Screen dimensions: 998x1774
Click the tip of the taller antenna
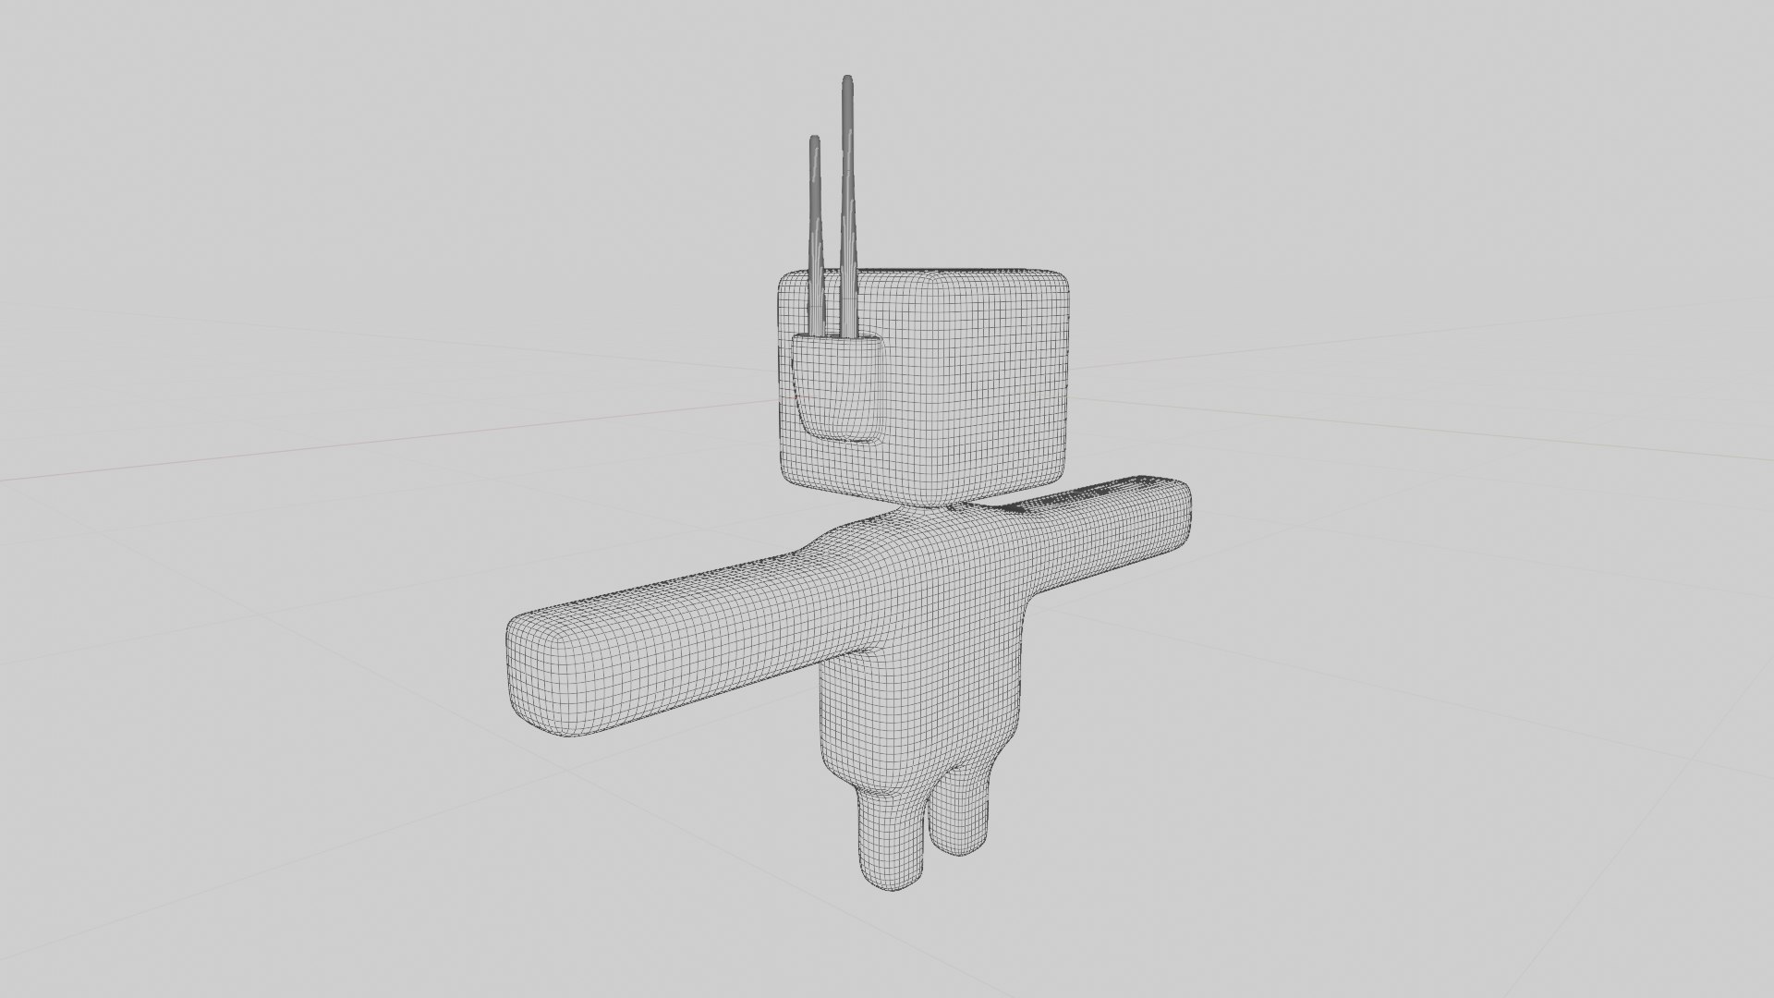pyautogui.click(x=846, y=80)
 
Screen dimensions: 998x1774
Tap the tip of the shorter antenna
pyautogui.click(x=814, y=140)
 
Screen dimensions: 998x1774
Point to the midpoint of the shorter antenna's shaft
pyautogui.click(x=815, y=236)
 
